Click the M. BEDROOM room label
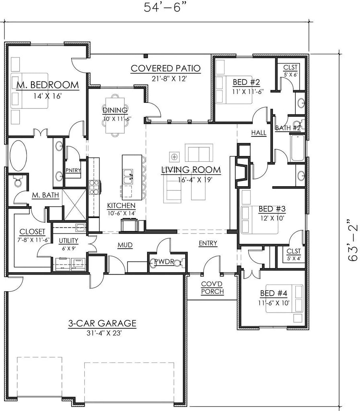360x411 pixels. (47, 85)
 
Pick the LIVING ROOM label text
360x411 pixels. (191, 170)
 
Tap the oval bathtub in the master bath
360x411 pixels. (18, 156)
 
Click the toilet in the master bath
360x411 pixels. (18, 183)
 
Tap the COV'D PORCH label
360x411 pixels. (213, 288)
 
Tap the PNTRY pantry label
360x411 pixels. (73, 170)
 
